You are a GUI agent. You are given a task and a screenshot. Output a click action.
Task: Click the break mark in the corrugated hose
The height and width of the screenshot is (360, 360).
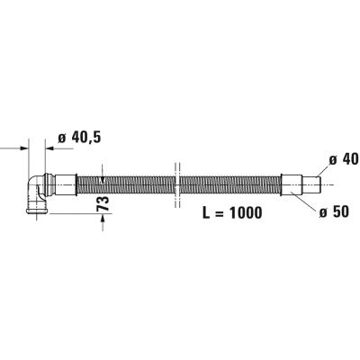point(177,184)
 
